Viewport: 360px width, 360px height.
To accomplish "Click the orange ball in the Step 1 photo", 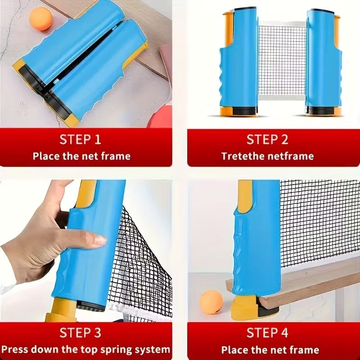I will point(40,19).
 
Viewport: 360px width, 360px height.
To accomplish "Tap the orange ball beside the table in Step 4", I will point(211,301).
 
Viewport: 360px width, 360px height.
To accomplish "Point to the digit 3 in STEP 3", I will point(98,333).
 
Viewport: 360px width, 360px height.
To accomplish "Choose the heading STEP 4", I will point(268,333).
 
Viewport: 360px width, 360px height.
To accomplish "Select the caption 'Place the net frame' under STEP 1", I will point(81,156).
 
